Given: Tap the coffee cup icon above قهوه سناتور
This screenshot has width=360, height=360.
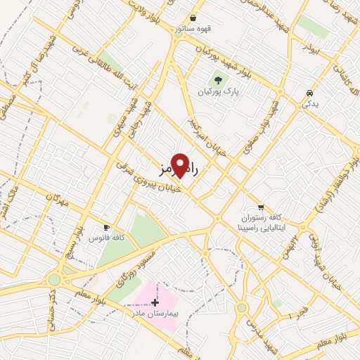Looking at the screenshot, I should tap(192, 19).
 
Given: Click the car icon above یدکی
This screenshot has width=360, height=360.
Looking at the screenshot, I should tap(309, 94).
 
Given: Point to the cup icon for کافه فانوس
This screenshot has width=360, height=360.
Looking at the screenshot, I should tap(107, 228).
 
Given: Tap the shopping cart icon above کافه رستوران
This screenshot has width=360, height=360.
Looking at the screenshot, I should tap(261, 207).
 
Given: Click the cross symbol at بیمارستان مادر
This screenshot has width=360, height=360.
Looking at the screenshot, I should tap(155, 302).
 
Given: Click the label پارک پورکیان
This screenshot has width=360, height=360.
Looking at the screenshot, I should tap(214, 91).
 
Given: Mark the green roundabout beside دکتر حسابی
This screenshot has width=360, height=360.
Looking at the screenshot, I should tap(54, 280).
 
